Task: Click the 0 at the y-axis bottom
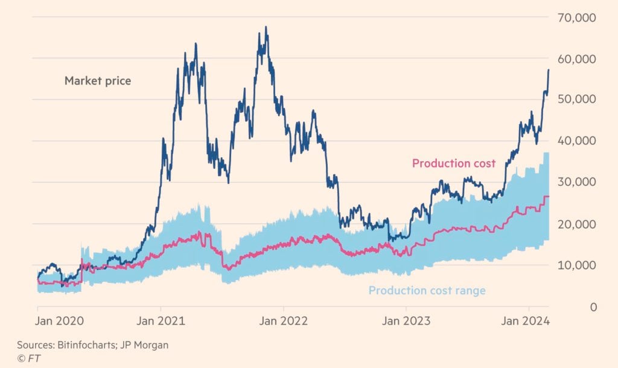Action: [593, 306]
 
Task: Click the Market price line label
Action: [98, 81]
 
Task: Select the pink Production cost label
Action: [453, 163]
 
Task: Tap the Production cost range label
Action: [427, 291]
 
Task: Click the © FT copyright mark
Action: [26, 358]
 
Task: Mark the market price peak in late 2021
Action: [266, 27]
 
